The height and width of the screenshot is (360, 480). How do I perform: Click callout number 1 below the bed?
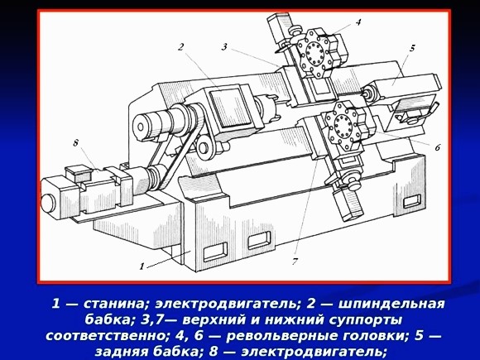point(142,266)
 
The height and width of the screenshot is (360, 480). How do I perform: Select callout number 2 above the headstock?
point(180,47)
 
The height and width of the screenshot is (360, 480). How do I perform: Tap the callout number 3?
point(224,47)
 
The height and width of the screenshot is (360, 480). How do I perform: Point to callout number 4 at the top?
point(358,22)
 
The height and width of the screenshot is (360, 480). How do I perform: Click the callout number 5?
point(411,48)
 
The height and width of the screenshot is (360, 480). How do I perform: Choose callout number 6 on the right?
point(437,146)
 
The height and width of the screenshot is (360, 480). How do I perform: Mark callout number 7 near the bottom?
point(295,261)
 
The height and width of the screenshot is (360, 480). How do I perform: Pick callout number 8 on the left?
point(75,142)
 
